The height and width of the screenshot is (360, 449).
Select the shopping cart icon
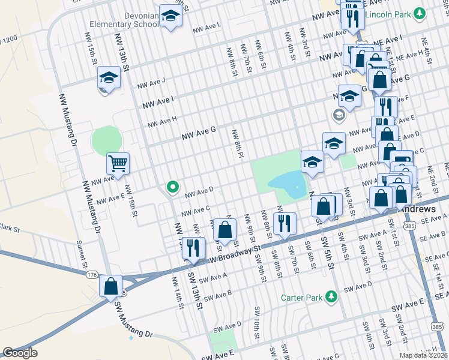click(118, 162)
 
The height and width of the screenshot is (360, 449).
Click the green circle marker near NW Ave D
click(173, 188)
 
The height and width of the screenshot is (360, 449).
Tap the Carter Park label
click(301, 297)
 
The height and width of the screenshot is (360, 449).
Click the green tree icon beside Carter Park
click(330, 296)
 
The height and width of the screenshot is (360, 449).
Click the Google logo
click(20, 353)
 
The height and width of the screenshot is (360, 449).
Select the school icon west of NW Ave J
click(109, 78)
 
